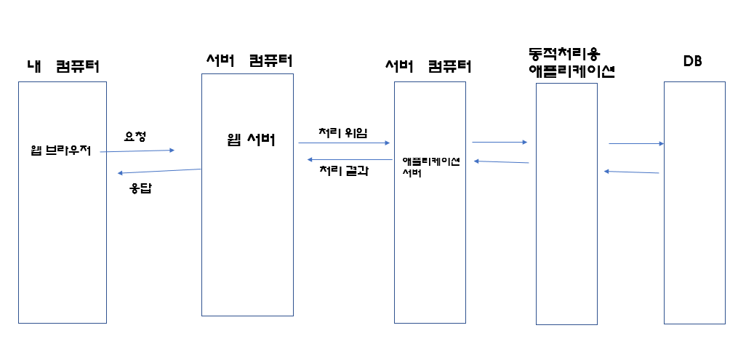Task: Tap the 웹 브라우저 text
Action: tap(61, 151)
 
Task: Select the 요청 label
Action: tap(135, 135)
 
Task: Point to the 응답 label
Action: tap(140, 188)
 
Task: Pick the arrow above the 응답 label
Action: tap(159, 171)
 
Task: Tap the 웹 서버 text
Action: tap(250, 140)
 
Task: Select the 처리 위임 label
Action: tap(342, 132)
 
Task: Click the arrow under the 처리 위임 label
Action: tap(344, 143)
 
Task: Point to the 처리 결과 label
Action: tap(344, 172)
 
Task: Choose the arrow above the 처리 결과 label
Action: tap(350, 159)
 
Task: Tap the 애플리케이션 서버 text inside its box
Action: tap(430, 167)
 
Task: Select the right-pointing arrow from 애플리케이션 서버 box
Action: tap(500, 143)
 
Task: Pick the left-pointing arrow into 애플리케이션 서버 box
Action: tap(501, 162)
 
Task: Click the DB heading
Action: tap(692, 62)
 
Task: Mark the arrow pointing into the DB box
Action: tap(636, 144)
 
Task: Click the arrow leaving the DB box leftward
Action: tap(631, 172)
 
